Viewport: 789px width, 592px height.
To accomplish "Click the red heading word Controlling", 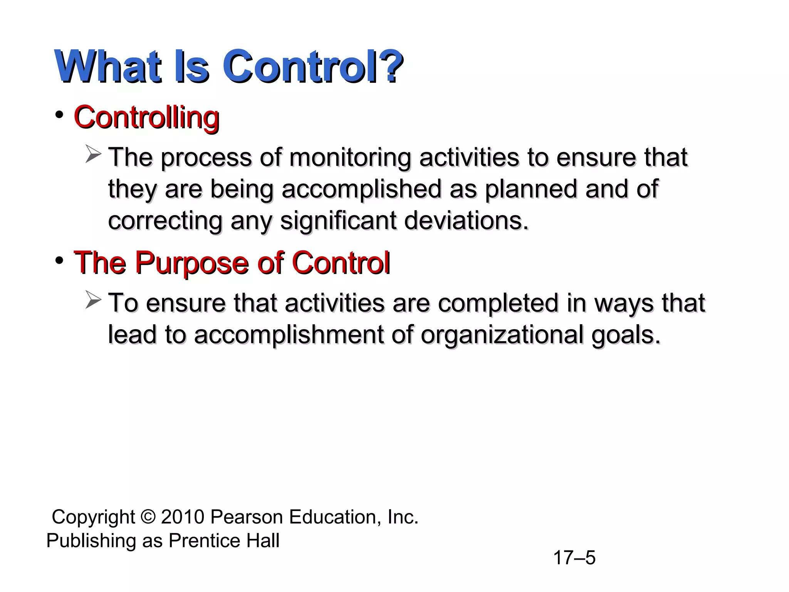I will [x=146, y=117].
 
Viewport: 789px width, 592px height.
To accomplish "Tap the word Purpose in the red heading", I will [x=191, y=263].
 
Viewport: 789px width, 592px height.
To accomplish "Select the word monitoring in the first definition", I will [x=350, y=158].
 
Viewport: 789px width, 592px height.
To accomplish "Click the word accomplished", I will [x=361, y=190].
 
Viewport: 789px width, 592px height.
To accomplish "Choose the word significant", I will [x=338, y=221].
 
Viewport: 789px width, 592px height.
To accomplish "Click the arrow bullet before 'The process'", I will [x=93, y=154].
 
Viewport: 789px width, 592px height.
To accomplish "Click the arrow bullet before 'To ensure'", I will [x=93, y=300].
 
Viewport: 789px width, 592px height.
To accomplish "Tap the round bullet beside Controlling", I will [x=59, y=115].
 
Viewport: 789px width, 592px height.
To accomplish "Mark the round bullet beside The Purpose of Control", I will [x=59, y=261].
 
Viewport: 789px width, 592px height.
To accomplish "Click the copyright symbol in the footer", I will [x=148, y=517].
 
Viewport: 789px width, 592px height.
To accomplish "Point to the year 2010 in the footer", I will [x=183, y=517].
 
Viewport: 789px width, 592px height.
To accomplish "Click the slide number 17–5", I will [x=574, y=558].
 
